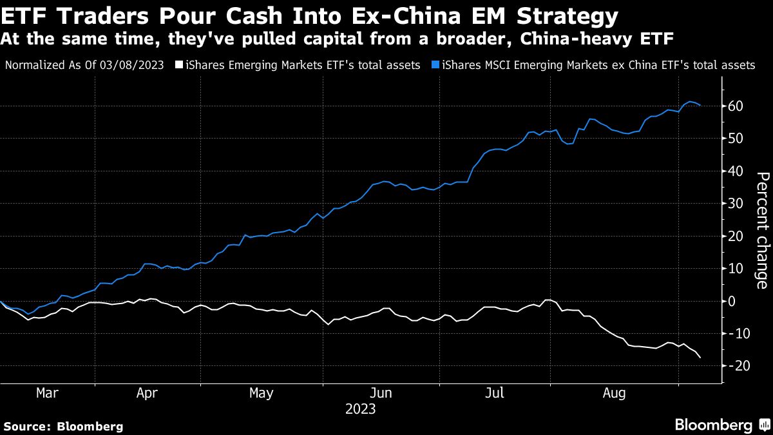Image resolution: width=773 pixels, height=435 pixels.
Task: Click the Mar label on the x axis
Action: pyautogui.click(x=48, y=392)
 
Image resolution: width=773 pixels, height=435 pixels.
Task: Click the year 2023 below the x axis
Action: pyautogui.click(x=360, y=409)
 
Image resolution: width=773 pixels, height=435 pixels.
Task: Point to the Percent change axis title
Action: pyautogui.click(x=761, y=230)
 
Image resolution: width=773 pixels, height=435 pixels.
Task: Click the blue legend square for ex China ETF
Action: pyautogui.click(x=436, y=65)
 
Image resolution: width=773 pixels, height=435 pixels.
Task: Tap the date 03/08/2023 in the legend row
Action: pyautogui.click(x=142, y=65)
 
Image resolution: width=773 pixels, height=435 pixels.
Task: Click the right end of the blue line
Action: pyautogui.click(x=700, y=105)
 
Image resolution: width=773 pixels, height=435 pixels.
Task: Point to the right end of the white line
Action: pyautogui.click(x=700, y=357)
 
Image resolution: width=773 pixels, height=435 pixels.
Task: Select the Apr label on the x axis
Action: pyautogui.click(x=148, y=392)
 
